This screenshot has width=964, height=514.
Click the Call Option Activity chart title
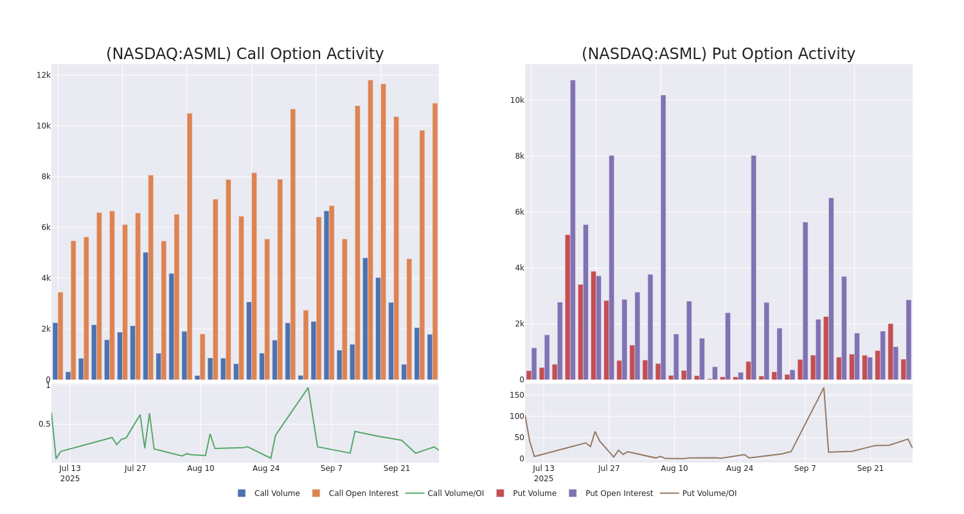pyautogui.click(x=245, y=54)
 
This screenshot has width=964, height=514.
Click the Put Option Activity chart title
pyautogui.click(x=718, y=54)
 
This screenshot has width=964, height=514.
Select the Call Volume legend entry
pyautogui.click(x=276, y=493)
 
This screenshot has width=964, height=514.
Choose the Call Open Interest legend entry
pyautogui.click(x=363, y=493)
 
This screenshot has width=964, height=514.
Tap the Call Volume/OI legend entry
pyautogui.click(x=455, y=493)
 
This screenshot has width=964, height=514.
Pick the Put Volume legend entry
pyautogui.click(x=534, y=493)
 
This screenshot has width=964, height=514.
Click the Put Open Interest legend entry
pyautogui.click(x=618, y=493)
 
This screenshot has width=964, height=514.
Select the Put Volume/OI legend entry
pyautogui.click(x=709, y=493)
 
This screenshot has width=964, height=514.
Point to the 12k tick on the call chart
pyautogui.click(x=43, y=75)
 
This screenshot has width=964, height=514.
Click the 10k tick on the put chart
pyautogui.click(x=517, y=100)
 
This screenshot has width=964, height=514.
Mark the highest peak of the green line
pyautogui.click(x=308, y=388)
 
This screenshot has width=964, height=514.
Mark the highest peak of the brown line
pyautogui.click(x=823, y=387)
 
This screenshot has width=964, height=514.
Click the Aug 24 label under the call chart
pyautogui.click(x=266, y=468)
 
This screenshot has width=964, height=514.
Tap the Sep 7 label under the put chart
pyautogui.click(x=805, y=468)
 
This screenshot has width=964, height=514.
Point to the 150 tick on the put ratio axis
pyautogui.click(x=517, y=395)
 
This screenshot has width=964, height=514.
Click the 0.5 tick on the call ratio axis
pyautogui.click(x=44, y=424)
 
